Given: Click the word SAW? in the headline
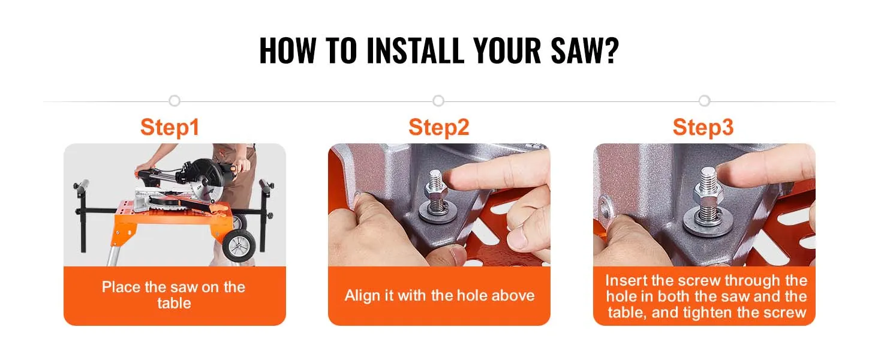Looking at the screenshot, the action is click(x=585, y=50).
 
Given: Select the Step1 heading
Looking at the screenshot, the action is click(x=170, y=127).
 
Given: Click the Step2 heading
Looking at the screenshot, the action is click(x=438, y=127).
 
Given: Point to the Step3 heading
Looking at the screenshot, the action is click(x=703, y=127).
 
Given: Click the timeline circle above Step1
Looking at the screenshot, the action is click(x=175, y=101).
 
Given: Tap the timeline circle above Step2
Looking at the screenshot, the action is click(x=438, y=101).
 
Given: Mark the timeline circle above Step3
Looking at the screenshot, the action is click(x=704, y=101).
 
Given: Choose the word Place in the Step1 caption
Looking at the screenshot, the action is click(x=121, y=287).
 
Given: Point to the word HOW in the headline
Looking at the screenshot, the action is click(x=288, y=50).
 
